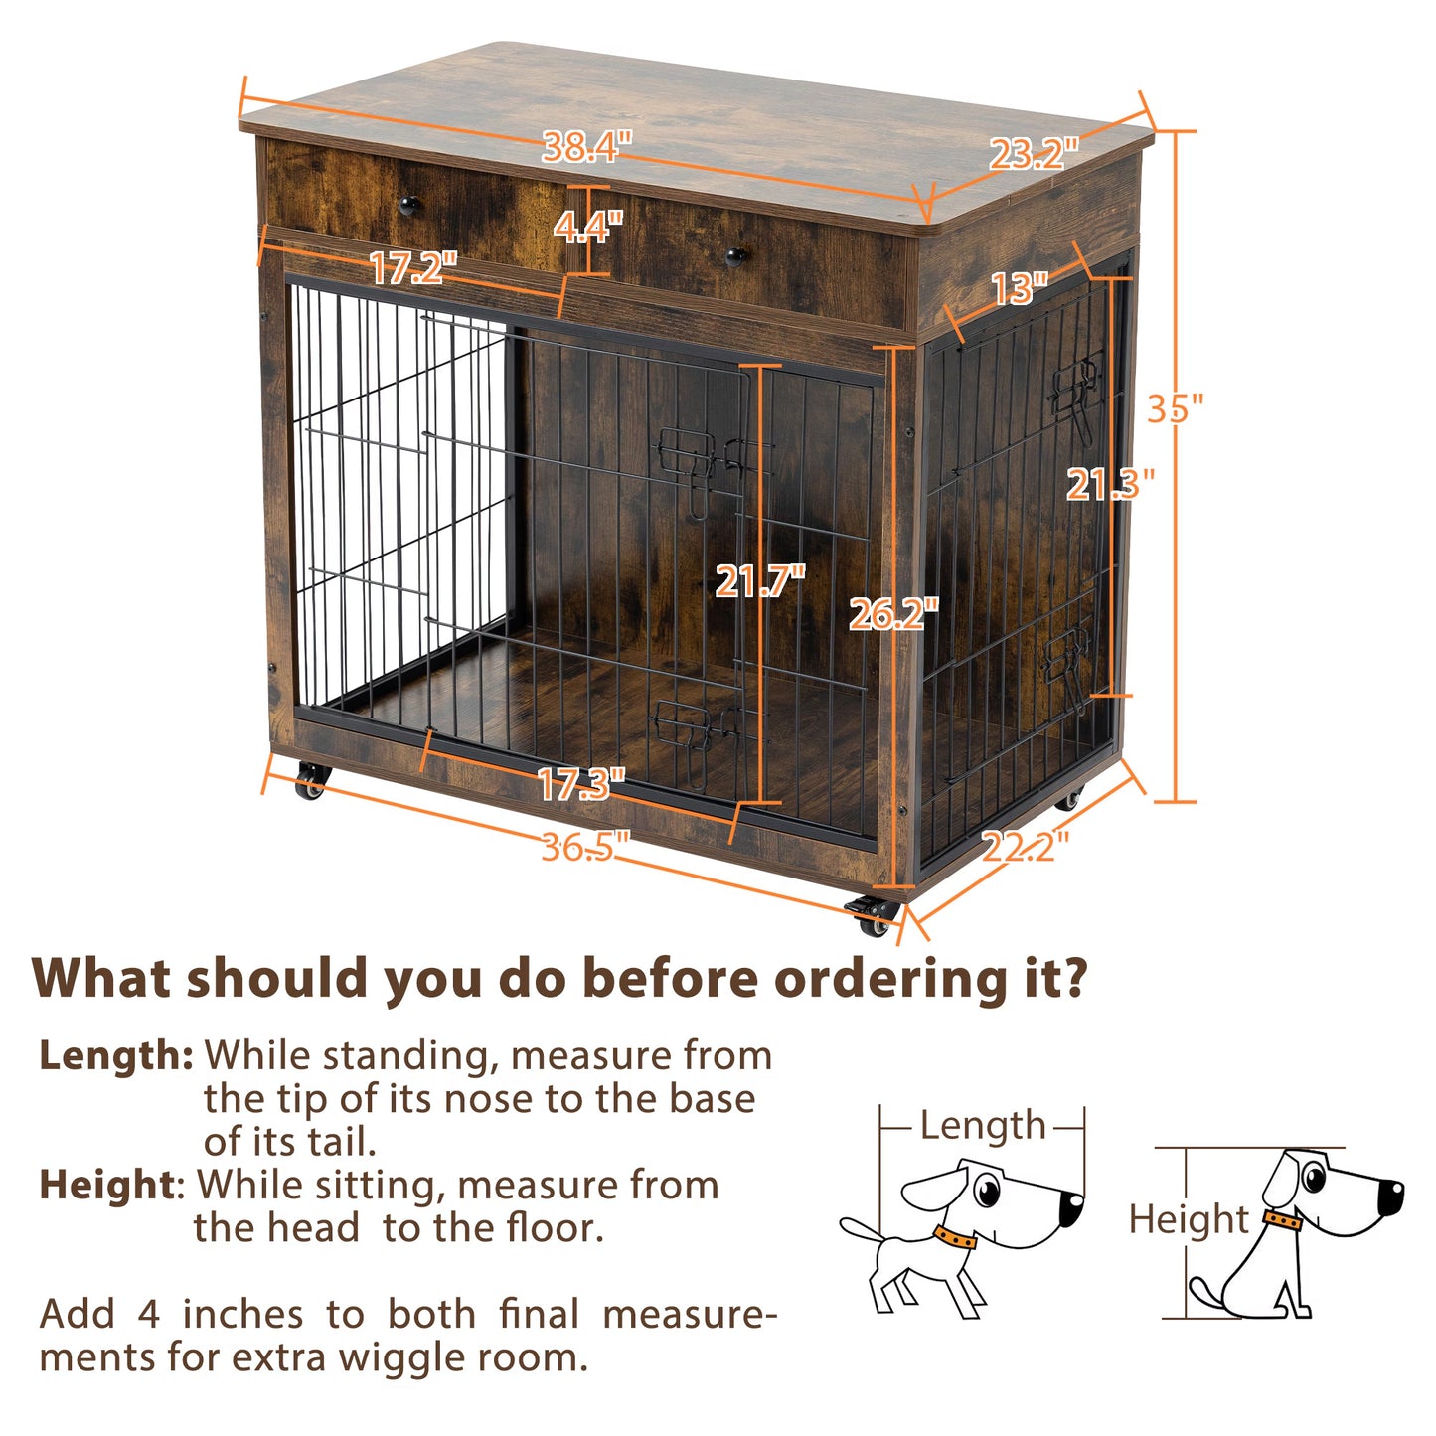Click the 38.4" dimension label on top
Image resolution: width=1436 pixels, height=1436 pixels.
tap(587, 148)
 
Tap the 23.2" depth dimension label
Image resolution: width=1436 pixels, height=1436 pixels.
tap(1034, 154)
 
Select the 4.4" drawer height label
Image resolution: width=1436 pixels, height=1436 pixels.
tap(588, 228)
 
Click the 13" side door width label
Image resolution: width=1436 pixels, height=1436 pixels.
tap(1020, 289)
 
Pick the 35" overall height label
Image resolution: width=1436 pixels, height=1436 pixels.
tap(1175, 408)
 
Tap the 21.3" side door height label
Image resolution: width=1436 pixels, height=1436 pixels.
tap(1110, 484)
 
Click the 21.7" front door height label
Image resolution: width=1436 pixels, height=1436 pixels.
tap(760, 581)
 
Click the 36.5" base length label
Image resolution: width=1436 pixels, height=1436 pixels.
tap(586, 848)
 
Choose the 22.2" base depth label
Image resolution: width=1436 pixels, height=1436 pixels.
tap(1026, 847)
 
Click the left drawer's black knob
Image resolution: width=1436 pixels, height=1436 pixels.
tap(408, 206)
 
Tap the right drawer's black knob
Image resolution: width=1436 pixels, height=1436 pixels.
tap(735, 256)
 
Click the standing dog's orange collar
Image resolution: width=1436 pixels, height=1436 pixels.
tap(954, 1238)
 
